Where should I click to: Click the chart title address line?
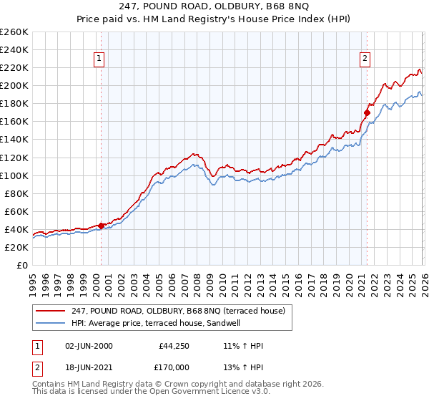pyautogui.click(x=214, y=9)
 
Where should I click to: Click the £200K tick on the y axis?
pyautogui.click(x=14, y=85)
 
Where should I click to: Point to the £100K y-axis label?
pyautogui.click(x=14, y=175)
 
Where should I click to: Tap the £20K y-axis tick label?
pyautogui.click(x=16, y=247)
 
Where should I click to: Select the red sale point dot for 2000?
pyautogui.click(x=101, y=225)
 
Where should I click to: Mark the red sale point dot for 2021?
pyautogui.click(x=367, y=112)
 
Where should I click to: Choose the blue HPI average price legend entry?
pyautogui.click(x=158, y=323)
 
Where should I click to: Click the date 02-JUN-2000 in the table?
pyautogui.click(x=88, y=346)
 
